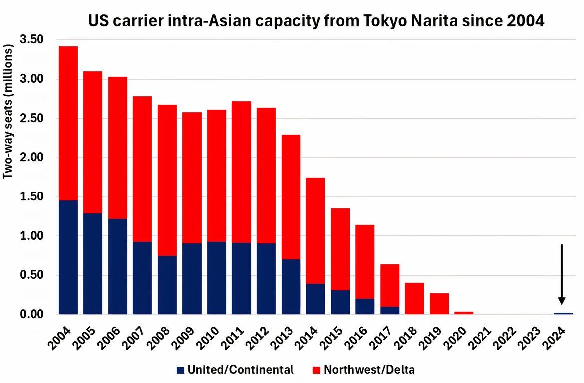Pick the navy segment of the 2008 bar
167,285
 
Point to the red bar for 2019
439,304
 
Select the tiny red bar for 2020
464,313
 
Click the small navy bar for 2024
563,313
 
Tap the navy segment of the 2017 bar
390,310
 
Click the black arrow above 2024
562,274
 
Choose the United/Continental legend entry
235,370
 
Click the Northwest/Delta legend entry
363,370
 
